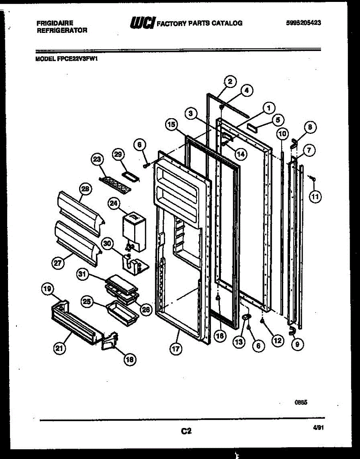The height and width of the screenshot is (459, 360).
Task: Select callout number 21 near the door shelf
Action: [x=59, y=348]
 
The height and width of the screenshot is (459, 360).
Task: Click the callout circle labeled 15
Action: [x=172, y=124]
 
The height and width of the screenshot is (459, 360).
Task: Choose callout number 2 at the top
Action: [x=230, y=81]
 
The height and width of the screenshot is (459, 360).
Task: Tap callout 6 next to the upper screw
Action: [x=140, y=145]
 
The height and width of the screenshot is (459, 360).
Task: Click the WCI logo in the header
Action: [x=142, y=23]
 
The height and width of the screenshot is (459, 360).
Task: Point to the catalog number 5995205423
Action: [x=303, y=23]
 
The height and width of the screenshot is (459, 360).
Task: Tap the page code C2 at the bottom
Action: [x=186, y=431]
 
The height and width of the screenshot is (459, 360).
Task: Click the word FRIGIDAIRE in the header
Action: [x=55, y=23]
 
